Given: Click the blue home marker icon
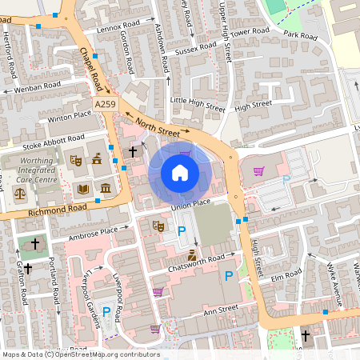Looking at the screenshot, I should pos(180,172).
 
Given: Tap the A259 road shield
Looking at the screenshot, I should pos(104,105).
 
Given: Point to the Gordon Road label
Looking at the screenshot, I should pos(126,53).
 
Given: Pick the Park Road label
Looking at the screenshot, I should pos(301,34).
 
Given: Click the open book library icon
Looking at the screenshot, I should pos(82,189).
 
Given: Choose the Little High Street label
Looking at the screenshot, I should pos(198,102).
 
